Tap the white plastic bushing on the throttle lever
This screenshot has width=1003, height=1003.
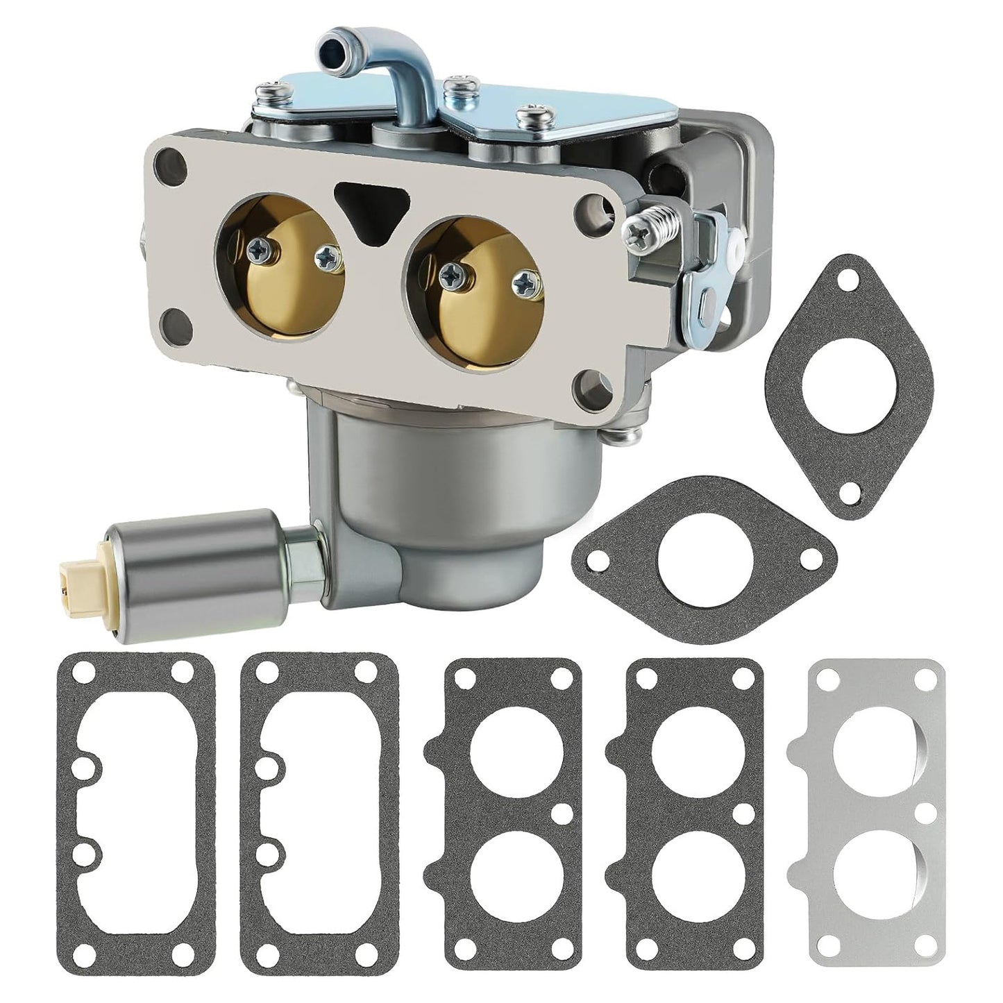(734, 236)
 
